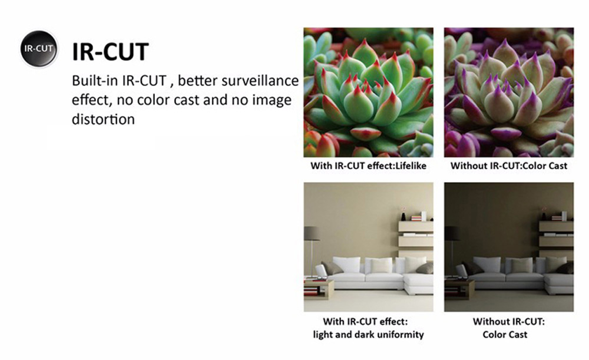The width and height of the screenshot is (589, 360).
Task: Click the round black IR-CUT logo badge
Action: coord(39,49)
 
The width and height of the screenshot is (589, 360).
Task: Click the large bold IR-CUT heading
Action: coord(110,52)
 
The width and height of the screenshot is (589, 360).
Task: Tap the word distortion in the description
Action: coord(103,119)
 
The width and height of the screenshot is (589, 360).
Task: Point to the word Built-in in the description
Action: coord(94,81)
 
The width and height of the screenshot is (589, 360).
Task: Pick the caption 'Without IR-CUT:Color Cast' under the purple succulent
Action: coord(509,166)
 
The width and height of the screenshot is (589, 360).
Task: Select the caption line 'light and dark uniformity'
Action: coord(368,335)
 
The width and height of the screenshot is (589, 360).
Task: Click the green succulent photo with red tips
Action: coord(368,92)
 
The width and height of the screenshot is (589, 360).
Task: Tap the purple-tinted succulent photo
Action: coord(509,92)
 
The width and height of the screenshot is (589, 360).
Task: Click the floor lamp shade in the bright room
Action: coord(311,233)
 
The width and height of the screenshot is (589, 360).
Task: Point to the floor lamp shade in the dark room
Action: coord(452,233)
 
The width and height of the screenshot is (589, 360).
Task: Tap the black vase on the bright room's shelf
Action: coord(403,216)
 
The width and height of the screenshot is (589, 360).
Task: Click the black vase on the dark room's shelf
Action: coord(544,216)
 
